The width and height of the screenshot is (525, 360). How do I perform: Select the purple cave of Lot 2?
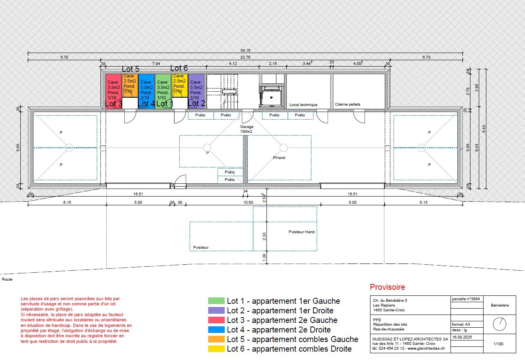(x=196, y=89)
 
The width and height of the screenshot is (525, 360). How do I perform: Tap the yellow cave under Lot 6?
(x=179, y=85)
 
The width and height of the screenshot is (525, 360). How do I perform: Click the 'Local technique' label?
(x=303, y=105)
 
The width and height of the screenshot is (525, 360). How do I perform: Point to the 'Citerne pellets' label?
(x=347, y=104)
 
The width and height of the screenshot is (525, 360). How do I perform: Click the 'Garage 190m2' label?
(x=246, y=129)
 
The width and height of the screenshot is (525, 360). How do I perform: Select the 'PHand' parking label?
(x=279, y=158)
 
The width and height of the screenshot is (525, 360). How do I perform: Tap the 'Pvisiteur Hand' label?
(x=302, y=232)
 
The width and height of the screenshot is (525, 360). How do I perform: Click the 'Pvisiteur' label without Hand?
(x=201, y=248)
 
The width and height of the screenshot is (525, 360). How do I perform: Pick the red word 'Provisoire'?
(x=387, y=287)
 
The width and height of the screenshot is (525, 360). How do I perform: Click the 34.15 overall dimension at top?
(x=245, y=51)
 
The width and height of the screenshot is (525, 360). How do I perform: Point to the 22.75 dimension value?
(x=245, y=57)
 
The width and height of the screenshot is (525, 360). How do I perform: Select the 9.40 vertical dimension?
(x=484, y=129)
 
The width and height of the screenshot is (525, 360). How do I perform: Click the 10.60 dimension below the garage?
(x=248, y=203)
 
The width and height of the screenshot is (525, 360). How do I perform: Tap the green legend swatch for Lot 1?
(x=216, y=301)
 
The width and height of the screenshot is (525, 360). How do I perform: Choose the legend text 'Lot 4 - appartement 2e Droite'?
(x=278, y=330)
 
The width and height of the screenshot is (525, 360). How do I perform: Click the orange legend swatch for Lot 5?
(x=216, y=339)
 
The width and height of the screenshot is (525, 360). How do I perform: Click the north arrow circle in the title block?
(x=499, y=324)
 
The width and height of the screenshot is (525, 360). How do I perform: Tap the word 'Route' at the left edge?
(x=7, y=279)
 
